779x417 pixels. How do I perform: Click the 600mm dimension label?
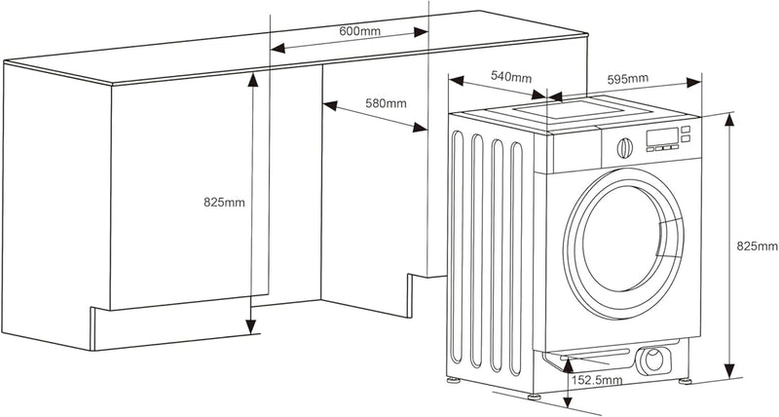pyautogui.click(x=359, y=31)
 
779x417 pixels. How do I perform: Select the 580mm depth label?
pyautogui.click(x=386, y=102)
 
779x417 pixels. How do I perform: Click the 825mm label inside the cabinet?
pyautogui.click(x=224, y=203)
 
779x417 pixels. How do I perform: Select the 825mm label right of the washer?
pyautogui.click(x=756, y=246)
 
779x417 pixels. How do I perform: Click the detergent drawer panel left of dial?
pyautogui.click(x=580, y=152)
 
